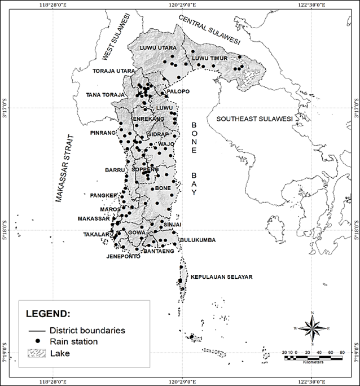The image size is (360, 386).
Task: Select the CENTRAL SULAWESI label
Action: coord(209,29)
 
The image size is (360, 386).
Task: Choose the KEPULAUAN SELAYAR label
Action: coord(221,277)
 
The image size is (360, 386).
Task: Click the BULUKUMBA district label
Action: coord(197,240)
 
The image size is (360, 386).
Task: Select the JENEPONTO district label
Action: coord(123,256)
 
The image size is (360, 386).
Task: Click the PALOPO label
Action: coord(178,91)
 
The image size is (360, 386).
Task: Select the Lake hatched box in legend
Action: coord(37,353)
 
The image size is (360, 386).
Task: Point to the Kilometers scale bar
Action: coord(313,357)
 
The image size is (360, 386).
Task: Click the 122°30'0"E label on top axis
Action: coord(310,4)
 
